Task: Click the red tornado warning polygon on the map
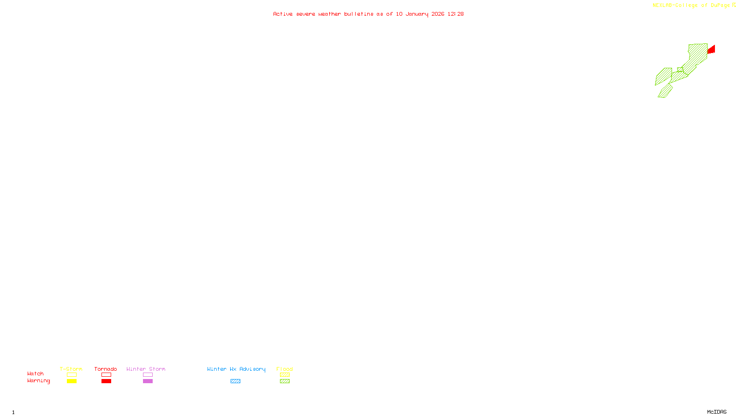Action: [x=712, y=49]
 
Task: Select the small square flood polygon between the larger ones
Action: [x=680, y=70]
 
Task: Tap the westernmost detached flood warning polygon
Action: [x=663, y=76]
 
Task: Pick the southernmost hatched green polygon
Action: [x=665, y=91]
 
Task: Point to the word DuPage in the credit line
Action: [x=720, y=6]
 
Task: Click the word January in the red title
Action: [x=417, y=14]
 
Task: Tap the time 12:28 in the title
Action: [x=455, y=14]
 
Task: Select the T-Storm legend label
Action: [x=71, y=369]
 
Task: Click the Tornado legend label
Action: [x=106, y=369]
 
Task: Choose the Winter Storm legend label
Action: [x=146, y=369]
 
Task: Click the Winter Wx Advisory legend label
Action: [x=236, y=369]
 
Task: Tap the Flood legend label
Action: [x=285, y=369]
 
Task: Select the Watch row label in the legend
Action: [x=36, y=374]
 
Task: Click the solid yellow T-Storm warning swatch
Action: [x=71, y=381]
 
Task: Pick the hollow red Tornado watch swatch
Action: [x=106, y=375]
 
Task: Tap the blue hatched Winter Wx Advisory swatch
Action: [x=235, y=381]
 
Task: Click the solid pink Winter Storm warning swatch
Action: [x=148, y=381]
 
